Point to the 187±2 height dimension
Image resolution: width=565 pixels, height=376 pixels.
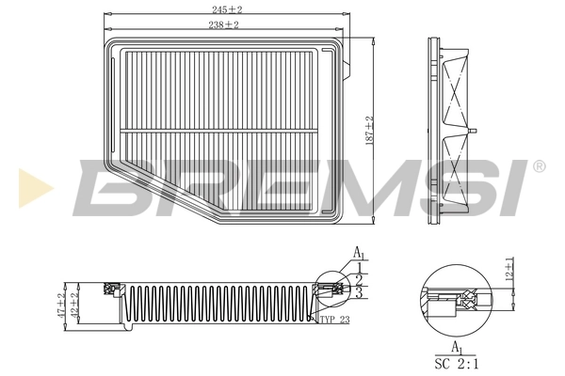(x=370, y=129)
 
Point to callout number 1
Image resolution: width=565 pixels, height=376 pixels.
(x=359, y=267)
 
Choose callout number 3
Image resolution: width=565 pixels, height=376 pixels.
(x=359, y=294)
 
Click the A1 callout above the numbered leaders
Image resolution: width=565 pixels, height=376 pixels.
(x=359, y=252)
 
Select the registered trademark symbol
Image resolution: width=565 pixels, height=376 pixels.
(x=539, y=166)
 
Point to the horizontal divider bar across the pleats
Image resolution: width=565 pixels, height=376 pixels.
(x=226, y=129)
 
